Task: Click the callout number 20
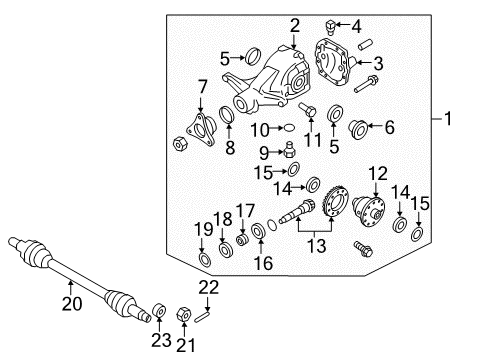(x=72, y=304)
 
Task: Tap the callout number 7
(x=202, y=87)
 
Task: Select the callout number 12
(x=378, y=174)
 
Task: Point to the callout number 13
(x=316, y=246)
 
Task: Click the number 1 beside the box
(x=448, y=118)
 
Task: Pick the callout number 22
(x=209, y=288)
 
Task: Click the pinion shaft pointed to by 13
(x=298, y=211)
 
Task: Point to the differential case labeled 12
(x=369, y=211)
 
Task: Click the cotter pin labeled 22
(x=203, y=316)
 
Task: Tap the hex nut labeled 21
(x=183, y=314)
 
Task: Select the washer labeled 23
(x=159, y=311)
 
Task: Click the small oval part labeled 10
(x=289, y=128)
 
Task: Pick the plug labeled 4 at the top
(x=330, y=27)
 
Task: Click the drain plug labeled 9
(x=290, y=150)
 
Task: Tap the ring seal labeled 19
(x=204, y=260)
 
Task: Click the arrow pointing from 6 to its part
(x=376, y=125)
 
